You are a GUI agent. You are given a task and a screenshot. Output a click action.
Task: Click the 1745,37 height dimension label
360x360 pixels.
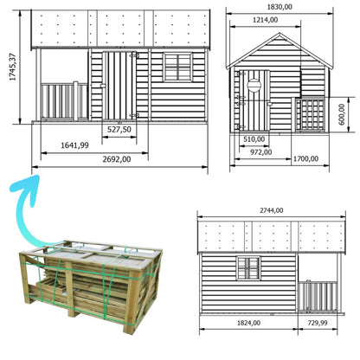point(12,67)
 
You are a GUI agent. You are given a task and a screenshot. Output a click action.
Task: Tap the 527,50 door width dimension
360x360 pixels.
point(119,130)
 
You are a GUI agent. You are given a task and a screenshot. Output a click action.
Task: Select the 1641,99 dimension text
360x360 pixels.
point(74,145)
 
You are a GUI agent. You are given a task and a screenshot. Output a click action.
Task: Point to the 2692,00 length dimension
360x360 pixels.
point(117,159)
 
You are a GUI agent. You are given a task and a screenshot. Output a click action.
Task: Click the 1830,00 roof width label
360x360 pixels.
point(280,7)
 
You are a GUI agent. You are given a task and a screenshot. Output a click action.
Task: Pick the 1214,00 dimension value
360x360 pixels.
point(266,20)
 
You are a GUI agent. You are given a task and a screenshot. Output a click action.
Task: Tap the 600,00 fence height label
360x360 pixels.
point(342,114)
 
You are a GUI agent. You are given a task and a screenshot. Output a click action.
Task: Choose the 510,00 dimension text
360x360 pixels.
point(254,139)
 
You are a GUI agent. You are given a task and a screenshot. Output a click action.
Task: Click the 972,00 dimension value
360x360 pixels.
point(260,152)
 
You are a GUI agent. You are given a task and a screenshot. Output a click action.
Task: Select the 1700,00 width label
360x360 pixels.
point(305,158)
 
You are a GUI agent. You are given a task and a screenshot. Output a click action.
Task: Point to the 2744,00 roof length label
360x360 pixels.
point(272,210)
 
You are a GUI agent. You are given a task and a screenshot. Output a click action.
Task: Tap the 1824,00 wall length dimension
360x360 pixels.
point(248,323)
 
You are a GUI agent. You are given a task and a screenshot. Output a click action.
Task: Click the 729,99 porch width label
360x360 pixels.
point(318,323)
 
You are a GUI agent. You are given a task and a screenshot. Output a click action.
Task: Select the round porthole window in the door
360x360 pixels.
point(254,85)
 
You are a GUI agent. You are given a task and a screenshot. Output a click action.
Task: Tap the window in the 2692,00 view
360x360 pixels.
point(177,67)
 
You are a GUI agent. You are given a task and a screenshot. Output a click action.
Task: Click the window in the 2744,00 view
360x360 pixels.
point(248,268)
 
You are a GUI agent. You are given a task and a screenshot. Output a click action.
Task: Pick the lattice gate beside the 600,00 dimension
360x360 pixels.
point(310,115)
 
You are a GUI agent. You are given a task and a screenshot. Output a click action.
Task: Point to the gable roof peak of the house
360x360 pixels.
point(280,33)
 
